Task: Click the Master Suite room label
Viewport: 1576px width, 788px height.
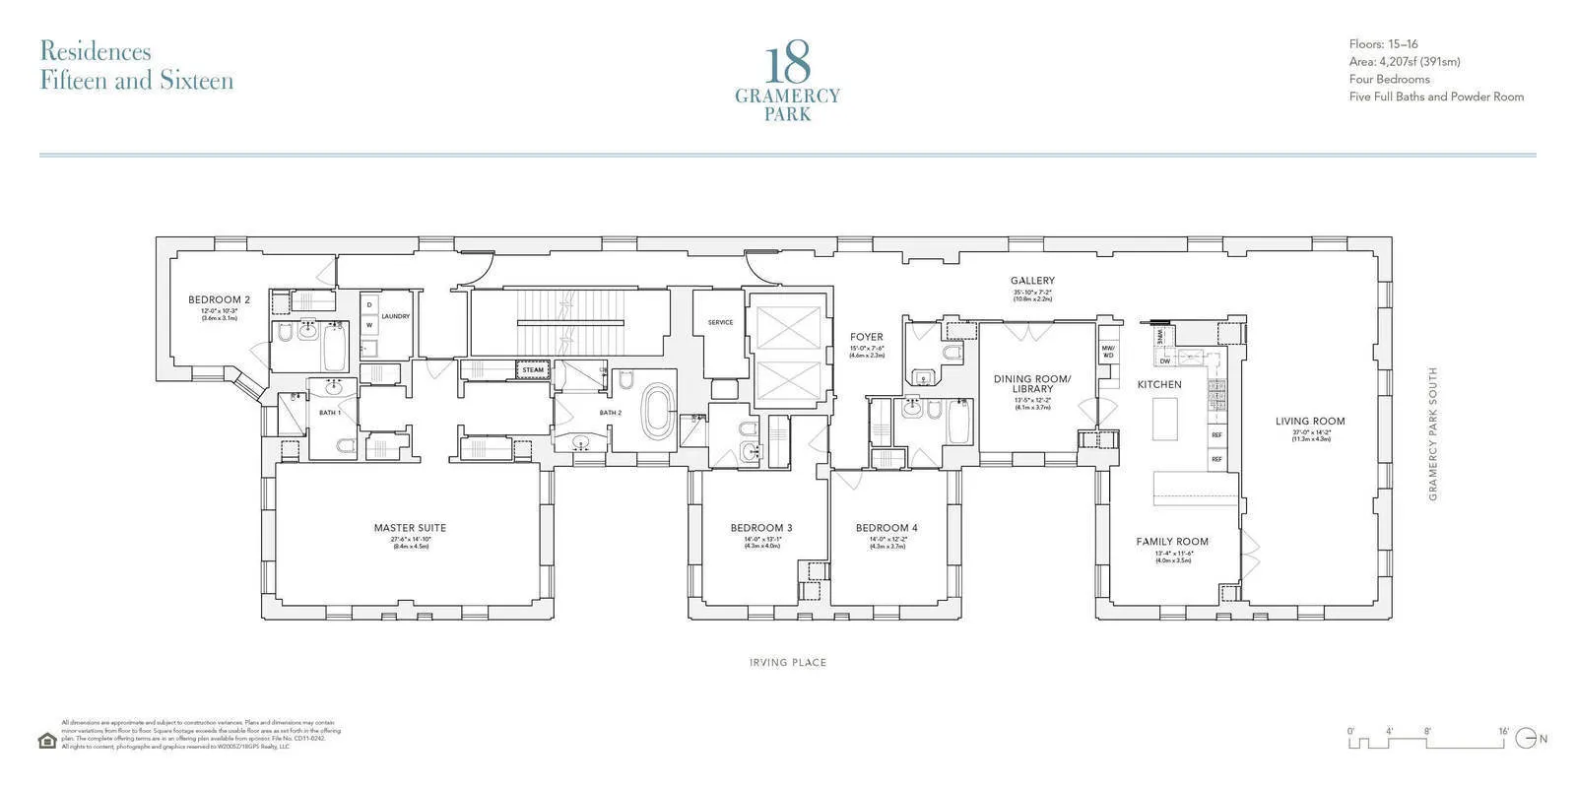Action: click(x=410, y=528)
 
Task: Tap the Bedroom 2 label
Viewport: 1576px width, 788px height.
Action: click(x=220, y=299)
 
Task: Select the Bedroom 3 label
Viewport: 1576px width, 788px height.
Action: click(x=761, y=528)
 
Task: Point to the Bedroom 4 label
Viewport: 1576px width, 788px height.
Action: click(x=886, y=528)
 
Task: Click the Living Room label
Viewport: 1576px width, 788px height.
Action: click(x=1310, y=421)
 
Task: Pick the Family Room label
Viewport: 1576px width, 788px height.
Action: click(x=1172, y=542)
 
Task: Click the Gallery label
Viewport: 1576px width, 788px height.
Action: click(x=1032, y=281)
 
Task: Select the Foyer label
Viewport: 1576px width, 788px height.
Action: click(x=867, y=337)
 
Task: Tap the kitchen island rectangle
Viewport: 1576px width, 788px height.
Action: click(x=1166, y=418)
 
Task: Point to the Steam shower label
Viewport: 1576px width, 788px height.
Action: click(x=533, y=370)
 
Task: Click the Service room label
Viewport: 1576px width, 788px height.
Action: click(x=720, y=322)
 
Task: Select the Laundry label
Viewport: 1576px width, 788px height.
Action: click(x=395, y=316)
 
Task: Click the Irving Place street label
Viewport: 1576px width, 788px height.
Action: click(x=787, y=663)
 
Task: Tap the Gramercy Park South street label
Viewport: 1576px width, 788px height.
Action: click(x=1433, y=433)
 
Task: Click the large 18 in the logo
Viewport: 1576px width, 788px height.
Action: click(x=787, y=65)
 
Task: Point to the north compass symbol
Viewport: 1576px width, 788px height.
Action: click(x=1526, y=738)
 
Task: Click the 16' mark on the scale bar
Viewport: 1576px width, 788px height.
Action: click(x=1503, y=731)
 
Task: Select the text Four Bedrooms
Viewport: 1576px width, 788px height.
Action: click(x=1389, y=79)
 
